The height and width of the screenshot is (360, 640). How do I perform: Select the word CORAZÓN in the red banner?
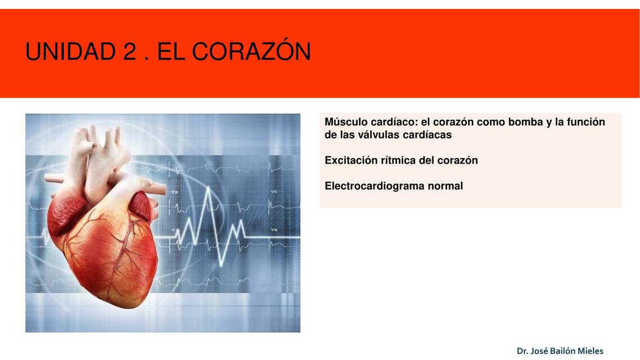coord(251,52)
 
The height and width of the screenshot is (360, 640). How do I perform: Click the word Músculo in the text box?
coord(346,122)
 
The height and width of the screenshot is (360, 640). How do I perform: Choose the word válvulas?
coord(371,135)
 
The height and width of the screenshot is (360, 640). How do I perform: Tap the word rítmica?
coord(399,160)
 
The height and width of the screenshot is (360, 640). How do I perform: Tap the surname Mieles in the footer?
coord(590,351)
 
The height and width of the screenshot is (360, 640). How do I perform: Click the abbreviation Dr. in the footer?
coord(522,351)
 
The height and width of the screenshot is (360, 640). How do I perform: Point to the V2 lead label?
coord(174,192)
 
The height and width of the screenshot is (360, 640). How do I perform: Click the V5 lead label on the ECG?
coord(274,192)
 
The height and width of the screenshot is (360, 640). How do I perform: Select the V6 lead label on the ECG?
coord(274,229)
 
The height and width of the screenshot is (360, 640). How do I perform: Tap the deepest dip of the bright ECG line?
coord(222,264)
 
